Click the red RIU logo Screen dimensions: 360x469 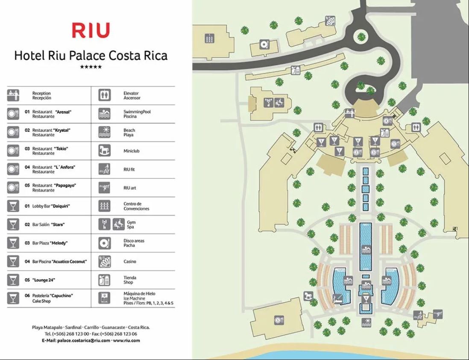click(x=91, y=31)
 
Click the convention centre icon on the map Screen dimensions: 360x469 click(x=209, y=38)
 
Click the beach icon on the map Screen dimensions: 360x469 click(x=366, y=322)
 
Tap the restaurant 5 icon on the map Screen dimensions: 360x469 click(x=279, y=319)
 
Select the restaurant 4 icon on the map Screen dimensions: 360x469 click(x=387, y=121)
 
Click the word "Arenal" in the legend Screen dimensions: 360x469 click(x=63, y=112)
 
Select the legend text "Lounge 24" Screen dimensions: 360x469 click(x=45, y=280)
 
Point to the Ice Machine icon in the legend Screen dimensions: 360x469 click(x=105, y=298)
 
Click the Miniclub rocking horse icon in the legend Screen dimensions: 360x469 click(x=105, y=150)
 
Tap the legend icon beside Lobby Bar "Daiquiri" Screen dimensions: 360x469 click(x=13, y=206)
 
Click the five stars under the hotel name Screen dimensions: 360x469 click(x=91, y=67)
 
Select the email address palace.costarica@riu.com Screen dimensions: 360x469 click(x=84, y=340)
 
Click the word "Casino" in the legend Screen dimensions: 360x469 click(x=130, y=262)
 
